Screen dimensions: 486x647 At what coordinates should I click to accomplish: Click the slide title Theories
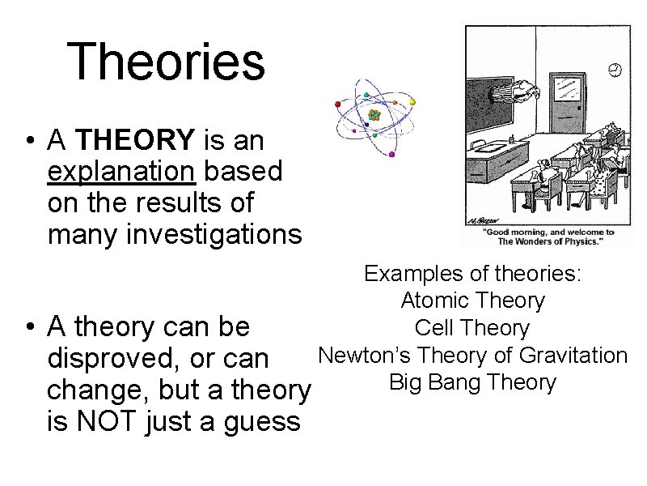click(166, 62)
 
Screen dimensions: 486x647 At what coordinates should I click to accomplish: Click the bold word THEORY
click(135, 141)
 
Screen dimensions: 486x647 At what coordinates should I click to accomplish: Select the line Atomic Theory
click(472, 301)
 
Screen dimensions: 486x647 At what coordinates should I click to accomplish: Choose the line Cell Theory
click(472, 328)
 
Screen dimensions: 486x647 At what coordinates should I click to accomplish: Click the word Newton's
click(360, 356)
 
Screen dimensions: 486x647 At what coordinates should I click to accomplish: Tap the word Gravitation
click(573, 356)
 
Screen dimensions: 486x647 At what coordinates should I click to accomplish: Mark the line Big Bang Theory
click(472, 382)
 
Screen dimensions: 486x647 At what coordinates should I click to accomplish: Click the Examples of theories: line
click(472, 274)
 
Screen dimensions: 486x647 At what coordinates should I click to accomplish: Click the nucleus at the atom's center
click(374, 115)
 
